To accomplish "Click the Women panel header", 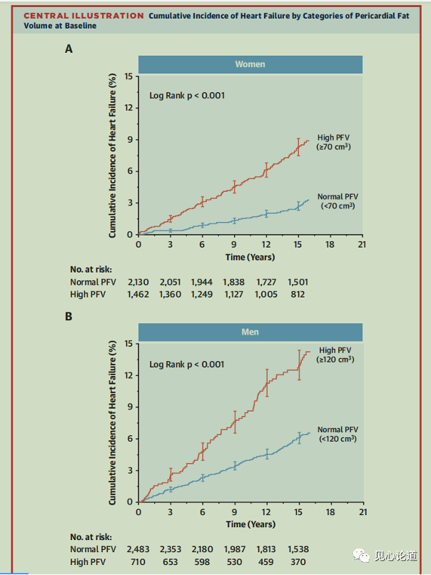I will tap(250, 64).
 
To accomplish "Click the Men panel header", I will tap(250, 332).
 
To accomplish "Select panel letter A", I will tap(69, 49).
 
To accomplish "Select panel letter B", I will tap(69, 316).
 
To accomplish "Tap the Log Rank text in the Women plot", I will tap(187, 96).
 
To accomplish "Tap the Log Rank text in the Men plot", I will tap(187, 364).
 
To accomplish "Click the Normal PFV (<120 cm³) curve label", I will tap(338, 434).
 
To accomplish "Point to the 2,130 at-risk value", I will tap(139, 283).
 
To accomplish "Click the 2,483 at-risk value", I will tap(139, 550).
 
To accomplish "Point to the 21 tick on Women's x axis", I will tap(362, 244).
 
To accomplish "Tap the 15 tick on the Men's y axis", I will tap(128, 343).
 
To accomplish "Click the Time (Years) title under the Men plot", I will tap(250, 524).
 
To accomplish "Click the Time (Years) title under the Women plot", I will tap(250, 257).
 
